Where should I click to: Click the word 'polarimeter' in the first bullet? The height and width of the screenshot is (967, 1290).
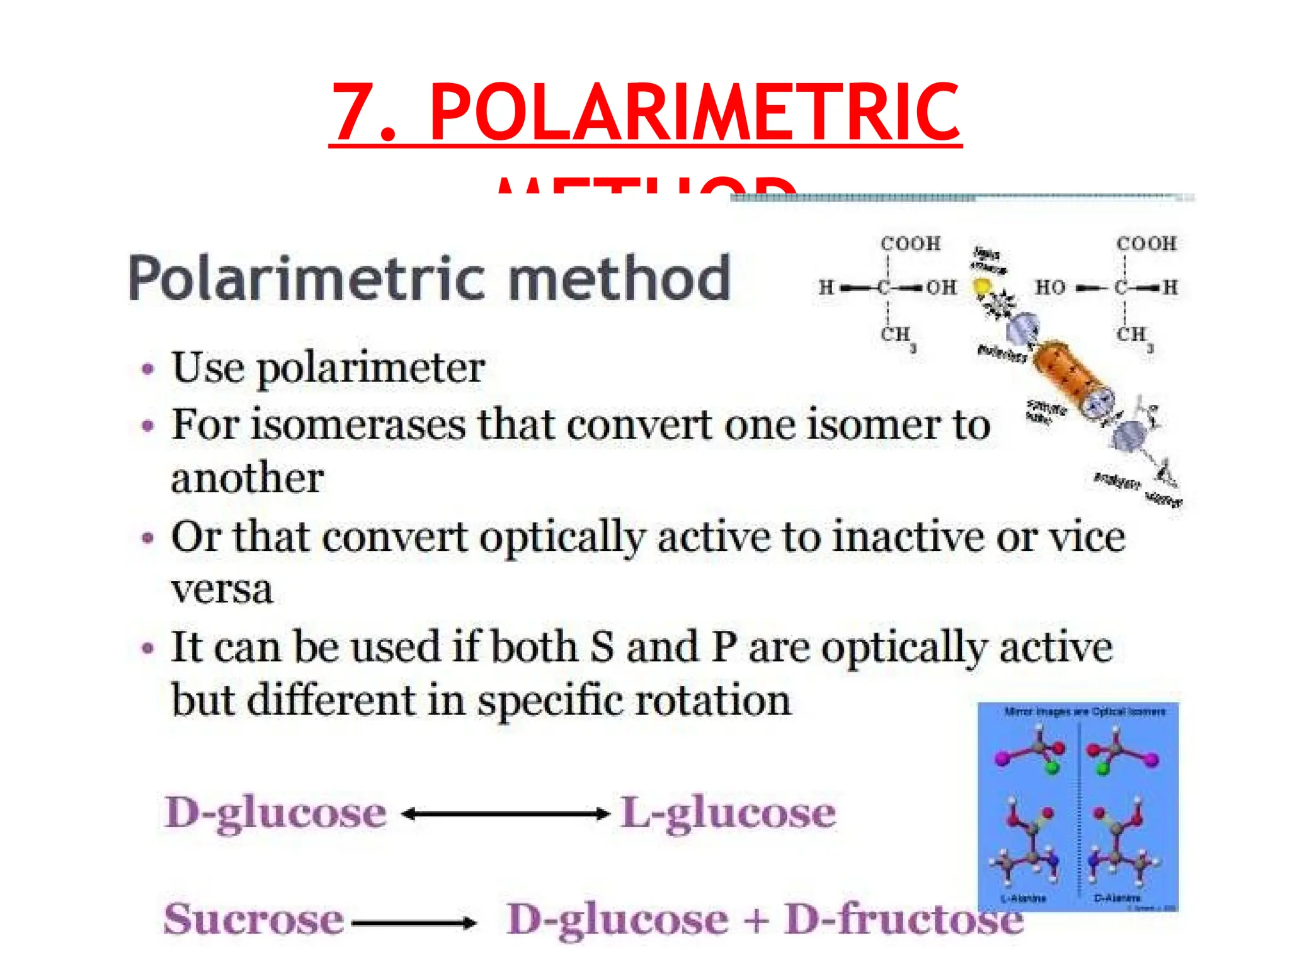coord(371,368)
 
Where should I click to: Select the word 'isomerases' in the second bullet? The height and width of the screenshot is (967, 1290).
coord(357,424)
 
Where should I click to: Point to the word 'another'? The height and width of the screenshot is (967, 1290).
coord(247,478)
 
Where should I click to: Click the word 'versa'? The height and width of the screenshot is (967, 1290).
coord(222,590)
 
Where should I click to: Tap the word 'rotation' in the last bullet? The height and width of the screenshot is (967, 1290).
coord(712,700)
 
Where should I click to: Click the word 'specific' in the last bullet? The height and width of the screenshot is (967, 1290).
coord(550,701)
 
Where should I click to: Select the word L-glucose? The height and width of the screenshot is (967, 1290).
coord(728,813)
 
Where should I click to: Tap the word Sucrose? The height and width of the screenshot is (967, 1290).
coord(253,920)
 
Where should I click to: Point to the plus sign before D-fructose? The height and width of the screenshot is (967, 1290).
coord(756,920)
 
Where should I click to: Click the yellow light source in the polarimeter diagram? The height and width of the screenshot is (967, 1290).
coord(981,287)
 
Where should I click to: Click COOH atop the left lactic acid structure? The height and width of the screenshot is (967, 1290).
coord(910,244)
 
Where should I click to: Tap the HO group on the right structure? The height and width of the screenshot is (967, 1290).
coord(1050,288)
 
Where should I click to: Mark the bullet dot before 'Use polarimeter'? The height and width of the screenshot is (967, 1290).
coord(148,369)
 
